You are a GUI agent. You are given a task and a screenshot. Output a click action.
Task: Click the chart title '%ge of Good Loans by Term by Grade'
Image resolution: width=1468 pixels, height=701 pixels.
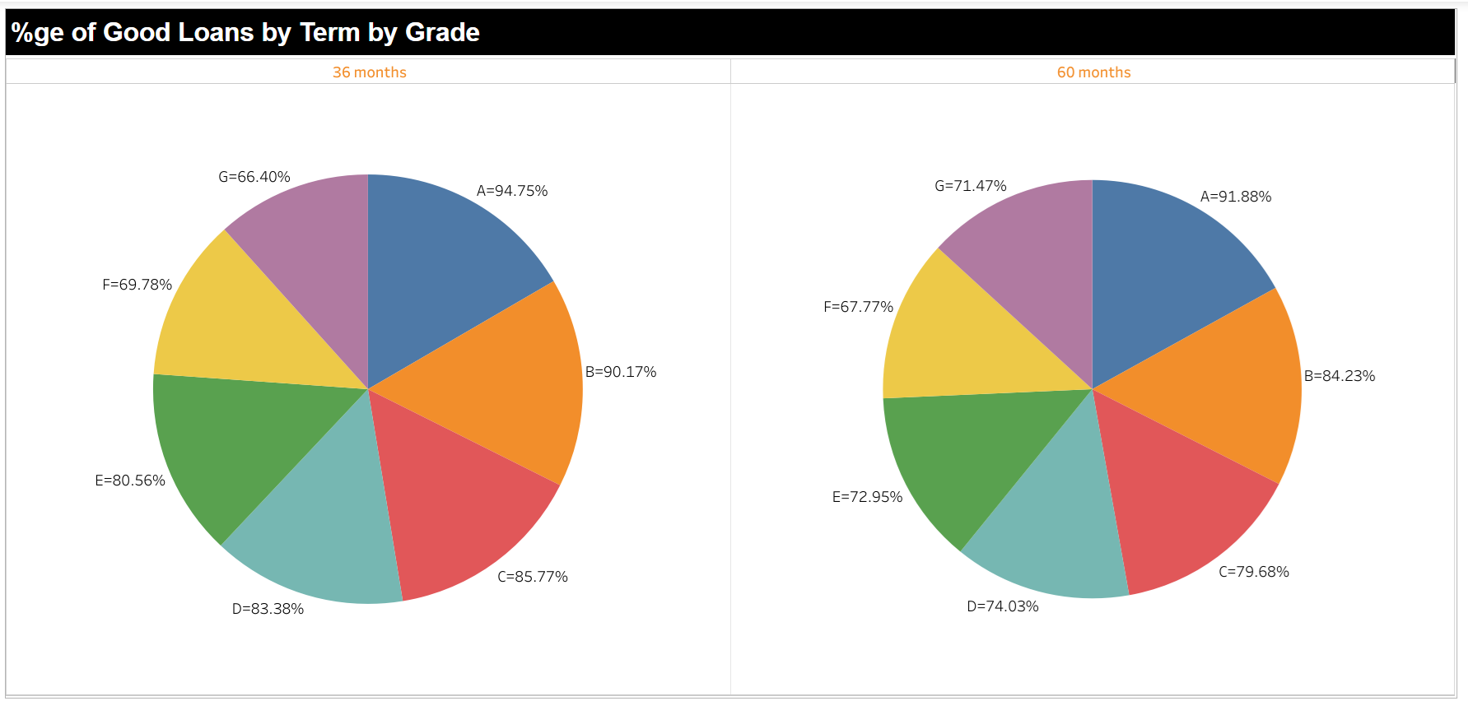coord(245,32)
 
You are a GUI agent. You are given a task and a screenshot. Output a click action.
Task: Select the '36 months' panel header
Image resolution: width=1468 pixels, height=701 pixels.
coord(369,72)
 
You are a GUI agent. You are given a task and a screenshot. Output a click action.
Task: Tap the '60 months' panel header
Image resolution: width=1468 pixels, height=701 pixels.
coord(1093,72)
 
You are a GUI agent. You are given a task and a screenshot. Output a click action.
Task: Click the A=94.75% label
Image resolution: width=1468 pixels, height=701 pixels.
coord(511,191)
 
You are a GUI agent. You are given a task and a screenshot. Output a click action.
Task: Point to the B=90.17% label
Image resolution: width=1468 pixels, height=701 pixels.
coord(620,372)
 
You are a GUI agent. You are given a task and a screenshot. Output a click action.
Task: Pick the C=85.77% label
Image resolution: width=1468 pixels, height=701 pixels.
coord(532,577)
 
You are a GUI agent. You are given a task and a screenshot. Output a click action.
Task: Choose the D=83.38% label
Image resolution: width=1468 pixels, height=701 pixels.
coord(268,609)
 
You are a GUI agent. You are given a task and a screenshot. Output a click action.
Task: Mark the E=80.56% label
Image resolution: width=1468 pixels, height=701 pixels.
coord(130,480)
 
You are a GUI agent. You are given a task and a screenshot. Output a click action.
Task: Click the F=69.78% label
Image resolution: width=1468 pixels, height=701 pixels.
coord(137,285)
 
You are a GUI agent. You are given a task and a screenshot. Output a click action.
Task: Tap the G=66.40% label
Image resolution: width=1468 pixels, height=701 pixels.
coord(254,177)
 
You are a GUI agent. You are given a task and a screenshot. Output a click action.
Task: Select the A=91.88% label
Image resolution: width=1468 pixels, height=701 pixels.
coord(1235,197)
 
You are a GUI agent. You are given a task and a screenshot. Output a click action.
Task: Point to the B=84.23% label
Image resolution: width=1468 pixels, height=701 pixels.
coord(1339,376)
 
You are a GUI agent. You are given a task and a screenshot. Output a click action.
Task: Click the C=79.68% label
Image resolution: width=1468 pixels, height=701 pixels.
coord(1253,572)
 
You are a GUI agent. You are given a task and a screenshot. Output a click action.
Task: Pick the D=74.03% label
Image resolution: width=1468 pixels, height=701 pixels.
coord(1002,606)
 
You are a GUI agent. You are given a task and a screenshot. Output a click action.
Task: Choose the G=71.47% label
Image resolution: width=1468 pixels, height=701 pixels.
coord(970,186)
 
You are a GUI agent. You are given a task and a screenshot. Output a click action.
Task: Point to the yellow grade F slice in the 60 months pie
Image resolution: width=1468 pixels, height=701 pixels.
coord(955,337)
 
